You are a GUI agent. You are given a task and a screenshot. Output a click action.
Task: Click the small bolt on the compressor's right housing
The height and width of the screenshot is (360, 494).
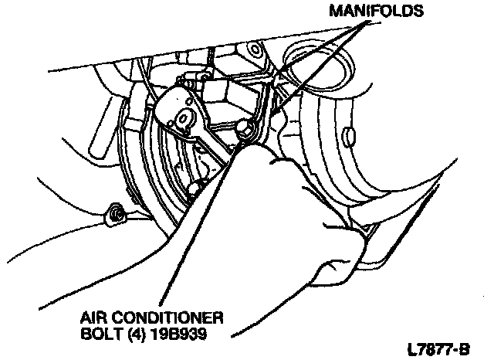coord(350,137)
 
